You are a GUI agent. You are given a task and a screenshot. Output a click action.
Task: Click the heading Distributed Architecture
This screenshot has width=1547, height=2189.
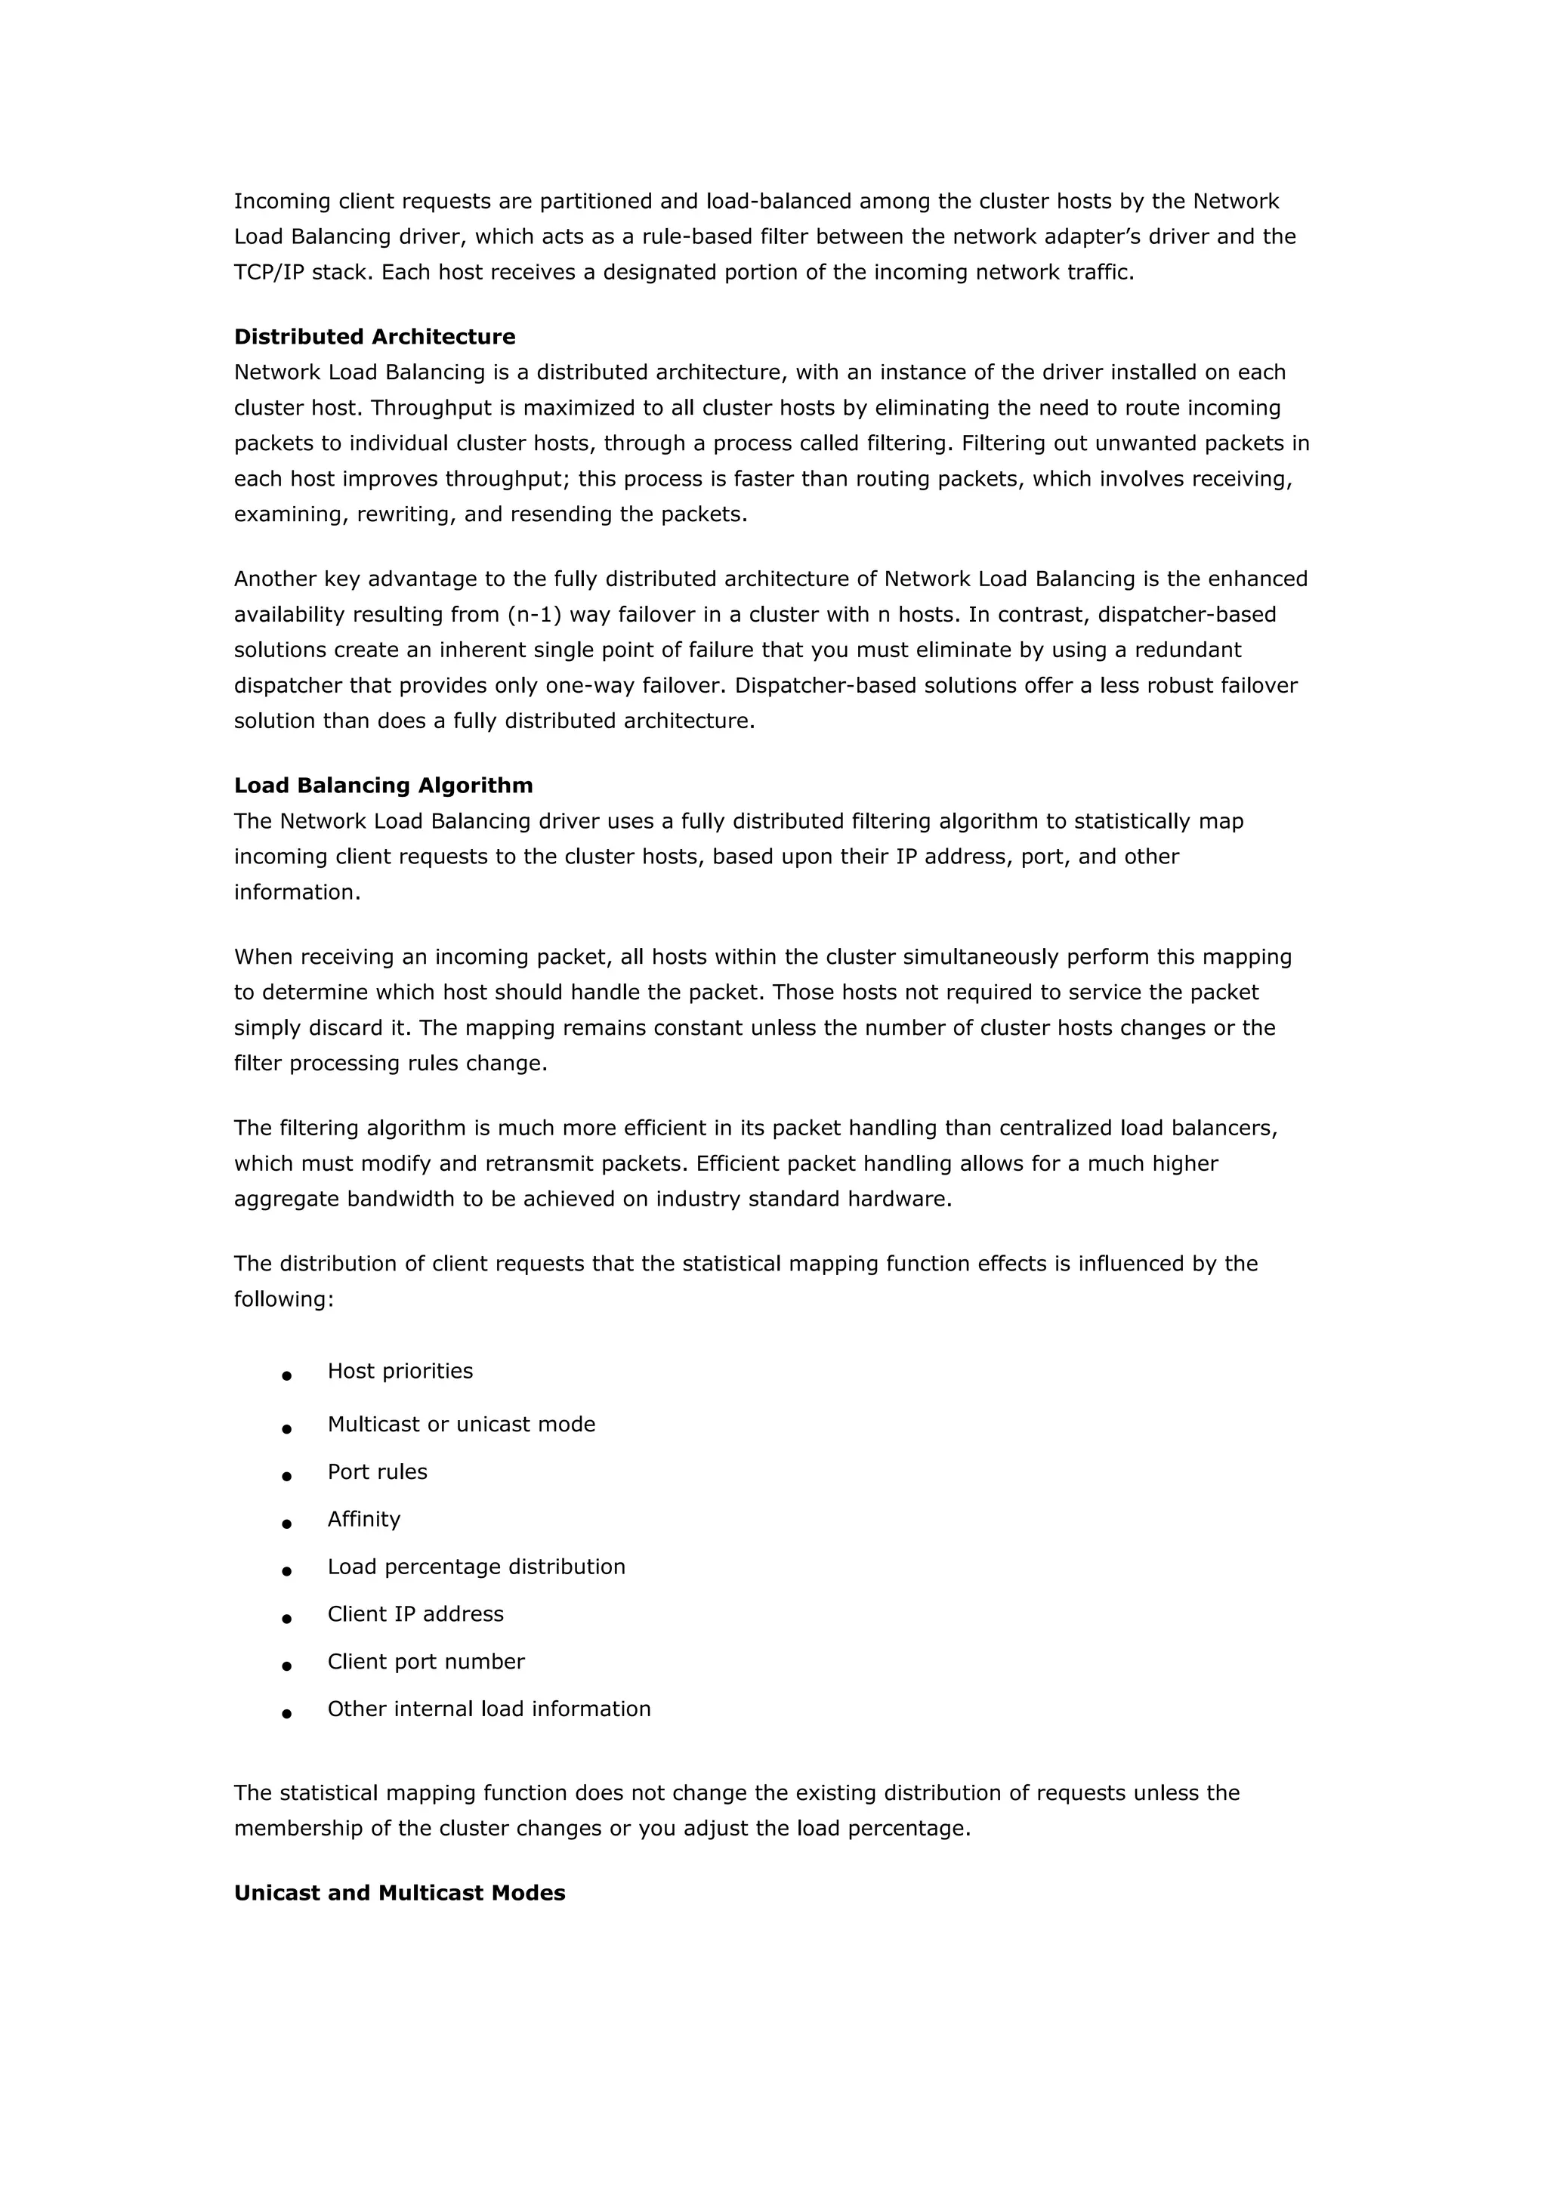point(375,337)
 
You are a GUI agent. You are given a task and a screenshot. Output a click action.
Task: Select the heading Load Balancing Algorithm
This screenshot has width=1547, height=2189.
point(383,786)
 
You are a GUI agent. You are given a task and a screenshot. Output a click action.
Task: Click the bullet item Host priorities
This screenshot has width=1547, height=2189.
point(400,1371)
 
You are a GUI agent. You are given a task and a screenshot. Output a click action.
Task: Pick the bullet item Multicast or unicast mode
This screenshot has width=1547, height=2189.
point(462,1425)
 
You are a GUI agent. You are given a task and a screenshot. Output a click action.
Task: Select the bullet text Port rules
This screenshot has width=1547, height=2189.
point(378,1472)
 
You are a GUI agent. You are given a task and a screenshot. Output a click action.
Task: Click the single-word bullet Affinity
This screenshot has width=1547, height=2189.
point(364,1520)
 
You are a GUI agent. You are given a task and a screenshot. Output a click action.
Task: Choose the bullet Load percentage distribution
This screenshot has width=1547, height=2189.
point(477,1567)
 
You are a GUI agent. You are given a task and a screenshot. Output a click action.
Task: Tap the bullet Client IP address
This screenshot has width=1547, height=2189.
point(415,1614)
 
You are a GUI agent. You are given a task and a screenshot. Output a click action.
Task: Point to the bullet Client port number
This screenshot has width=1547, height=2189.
point(426,1662)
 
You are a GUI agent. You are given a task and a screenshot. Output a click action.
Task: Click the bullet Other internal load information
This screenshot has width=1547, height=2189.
point(489,1709)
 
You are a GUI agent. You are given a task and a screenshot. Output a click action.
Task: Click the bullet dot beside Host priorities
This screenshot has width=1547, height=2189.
point(286,1375)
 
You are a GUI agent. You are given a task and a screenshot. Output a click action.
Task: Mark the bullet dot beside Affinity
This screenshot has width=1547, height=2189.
point(286,1524)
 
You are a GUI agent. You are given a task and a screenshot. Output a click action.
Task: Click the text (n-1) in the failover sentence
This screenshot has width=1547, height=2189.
point(535,615)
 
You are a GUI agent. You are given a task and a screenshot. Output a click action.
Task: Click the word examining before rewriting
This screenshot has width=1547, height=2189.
point(291,515)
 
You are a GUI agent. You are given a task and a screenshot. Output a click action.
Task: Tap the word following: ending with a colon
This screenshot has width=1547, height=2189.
point(284,1299)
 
